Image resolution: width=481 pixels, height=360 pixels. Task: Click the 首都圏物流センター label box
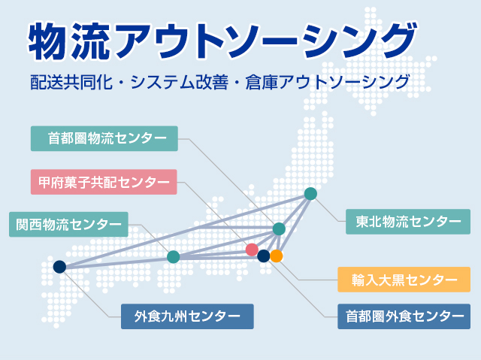point(104,138)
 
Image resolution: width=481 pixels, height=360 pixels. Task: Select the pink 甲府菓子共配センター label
point(104,182)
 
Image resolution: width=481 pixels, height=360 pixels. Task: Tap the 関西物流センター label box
point(68,224)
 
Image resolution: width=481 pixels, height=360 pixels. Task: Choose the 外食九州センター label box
point(187,316)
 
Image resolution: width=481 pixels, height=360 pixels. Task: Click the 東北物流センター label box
point(408,222)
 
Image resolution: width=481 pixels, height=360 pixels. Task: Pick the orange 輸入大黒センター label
point(404,280)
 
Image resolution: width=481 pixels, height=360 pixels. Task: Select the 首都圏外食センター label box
point(404,316)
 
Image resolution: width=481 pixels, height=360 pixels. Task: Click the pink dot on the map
point(253,250)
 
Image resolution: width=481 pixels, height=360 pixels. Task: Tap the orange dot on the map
point(277,256)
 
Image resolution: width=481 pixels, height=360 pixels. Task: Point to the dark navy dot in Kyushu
point(59,267)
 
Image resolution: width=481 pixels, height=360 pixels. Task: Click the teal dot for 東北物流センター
point(310,194)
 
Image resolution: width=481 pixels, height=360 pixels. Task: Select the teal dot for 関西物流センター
point(174,257)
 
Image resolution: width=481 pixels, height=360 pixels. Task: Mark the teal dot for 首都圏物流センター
point(279,228)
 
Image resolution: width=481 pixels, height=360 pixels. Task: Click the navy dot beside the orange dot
point(264,256)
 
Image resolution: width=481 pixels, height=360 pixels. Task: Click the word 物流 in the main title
point(69,41)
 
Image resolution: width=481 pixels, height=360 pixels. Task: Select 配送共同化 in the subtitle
point(71,82)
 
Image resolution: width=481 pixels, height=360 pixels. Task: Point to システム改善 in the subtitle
point(180,82)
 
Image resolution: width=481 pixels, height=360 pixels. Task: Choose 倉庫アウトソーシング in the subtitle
point(328,82)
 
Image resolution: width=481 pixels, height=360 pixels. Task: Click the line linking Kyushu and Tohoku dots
point(186,230)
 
